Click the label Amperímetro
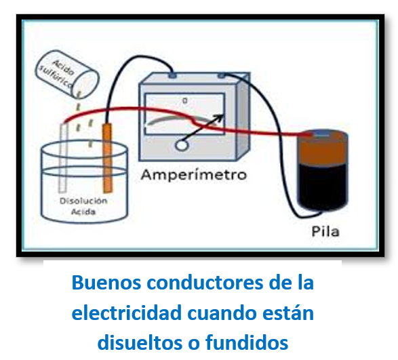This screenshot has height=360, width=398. pos(194,175)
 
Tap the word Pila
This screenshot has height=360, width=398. pos(325,232)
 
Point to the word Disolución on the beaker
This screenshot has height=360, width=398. pos(83,201)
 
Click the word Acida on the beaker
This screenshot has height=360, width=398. pos(83,212)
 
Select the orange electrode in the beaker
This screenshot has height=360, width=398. pos(107,158)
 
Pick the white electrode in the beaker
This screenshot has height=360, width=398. pos(63,157)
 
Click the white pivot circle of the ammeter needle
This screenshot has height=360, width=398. pos(182,146)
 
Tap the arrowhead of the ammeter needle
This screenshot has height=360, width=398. pos(218,118)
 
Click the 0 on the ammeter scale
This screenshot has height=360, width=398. pos(185,101)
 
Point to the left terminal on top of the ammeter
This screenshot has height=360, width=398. pos(172,76)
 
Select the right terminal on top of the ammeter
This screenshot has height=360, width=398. pos(221,76)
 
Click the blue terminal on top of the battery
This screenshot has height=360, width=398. pos(321,134)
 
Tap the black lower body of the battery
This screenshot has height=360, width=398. pos(323,186)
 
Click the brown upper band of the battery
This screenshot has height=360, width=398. pos(323,148)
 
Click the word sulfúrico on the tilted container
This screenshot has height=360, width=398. pos(56,76)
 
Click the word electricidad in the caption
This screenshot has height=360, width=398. pos(127,313)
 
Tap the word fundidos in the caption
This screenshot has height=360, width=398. pos(247,343)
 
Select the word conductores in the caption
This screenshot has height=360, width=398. pos(205,283)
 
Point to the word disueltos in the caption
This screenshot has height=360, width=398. pos(140,343)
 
